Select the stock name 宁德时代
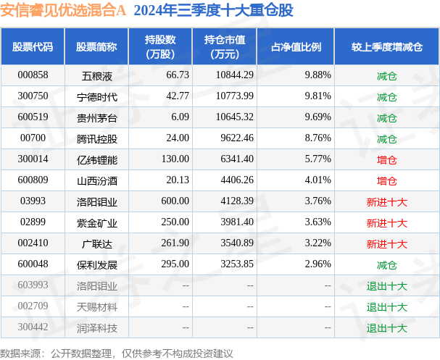pos(96,96)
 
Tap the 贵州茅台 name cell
pos(96,117)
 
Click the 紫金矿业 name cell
pos(96,222)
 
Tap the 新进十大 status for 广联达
pos(386,244)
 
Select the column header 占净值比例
pos(296,46)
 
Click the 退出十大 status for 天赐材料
pos(386,307)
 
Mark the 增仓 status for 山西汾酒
pos(386,180)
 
